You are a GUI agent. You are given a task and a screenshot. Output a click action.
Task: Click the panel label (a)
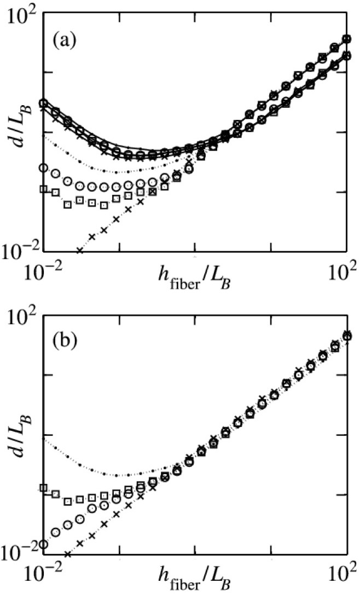pos(65,41)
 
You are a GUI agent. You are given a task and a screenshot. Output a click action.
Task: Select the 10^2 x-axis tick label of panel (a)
pos(344,272)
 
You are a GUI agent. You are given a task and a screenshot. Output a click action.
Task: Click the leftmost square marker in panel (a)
pos(44,189)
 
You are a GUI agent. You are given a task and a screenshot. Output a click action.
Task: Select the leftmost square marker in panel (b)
pos(44,488)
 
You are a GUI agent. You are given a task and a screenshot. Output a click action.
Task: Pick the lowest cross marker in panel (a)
pos(80,250)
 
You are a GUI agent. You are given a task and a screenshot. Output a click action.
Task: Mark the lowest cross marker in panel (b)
pos(68,553)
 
